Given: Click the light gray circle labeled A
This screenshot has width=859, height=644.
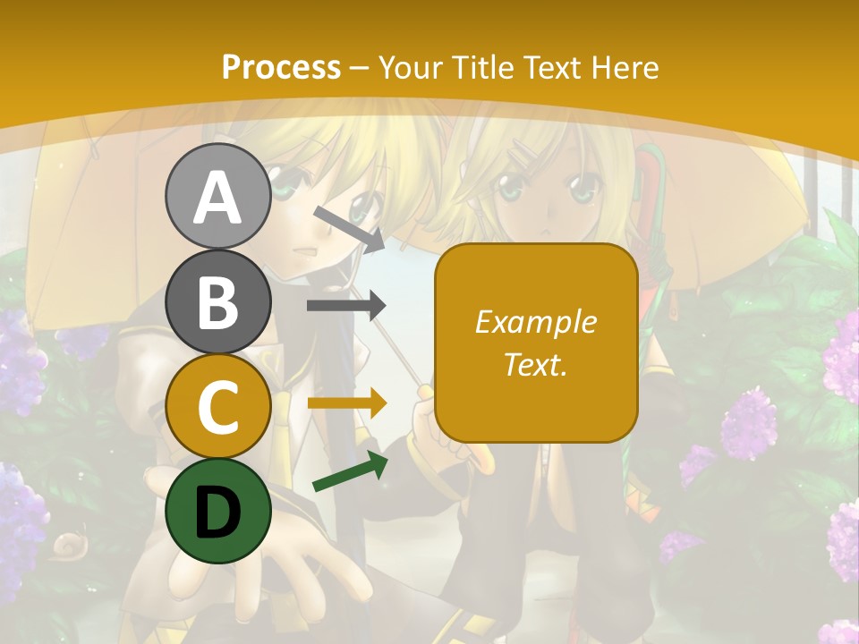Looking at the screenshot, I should click(x=217, y=197).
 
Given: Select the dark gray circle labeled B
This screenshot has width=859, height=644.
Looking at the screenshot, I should click(x=217, y=302).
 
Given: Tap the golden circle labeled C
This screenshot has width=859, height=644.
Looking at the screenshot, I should click(x=217, y=407).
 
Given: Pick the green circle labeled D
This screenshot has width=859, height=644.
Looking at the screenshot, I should click(x=217, y=512).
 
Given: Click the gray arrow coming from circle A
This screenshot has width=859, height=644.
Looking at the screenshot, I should click(x=347, y=227).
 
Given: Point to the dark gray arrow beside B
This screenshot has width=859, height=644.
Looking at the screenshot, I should click(x=345, y=306).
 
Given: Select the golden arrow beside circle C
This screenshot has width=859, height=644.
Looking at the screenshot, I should click(x=346, y=403).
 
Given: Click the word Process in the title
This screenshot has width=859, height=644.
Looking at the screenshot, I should click(x=281, y=67).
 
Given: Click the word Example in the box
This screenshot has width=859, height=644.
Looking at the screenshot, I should click(x=535, y=322).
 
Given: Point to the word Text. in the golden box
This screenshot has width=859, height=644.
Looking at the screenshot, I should click(x=535, y=365).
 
